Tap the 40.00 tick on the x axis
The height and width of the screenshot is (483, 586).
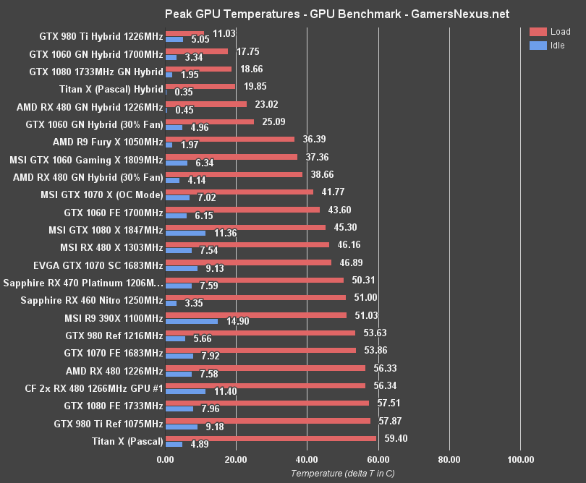click(x=307, y=459)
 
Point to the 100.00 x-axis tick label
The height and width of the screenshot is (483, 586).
click(x=520, y=459)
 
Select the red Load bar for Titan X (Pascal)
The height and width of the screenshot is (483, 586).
click(x=271, y=438)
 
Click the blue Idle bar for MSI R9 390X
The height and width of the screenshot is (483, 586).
click(x=192, y=321)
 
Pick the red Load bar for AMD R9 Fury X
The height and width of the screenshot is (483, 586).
click(x=230, y=139)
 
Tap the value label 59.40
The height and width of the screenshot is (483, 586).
click(x=395, y=438)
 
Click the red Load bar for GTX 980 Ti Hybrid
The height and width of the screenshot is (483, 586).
click(x=185, y=33)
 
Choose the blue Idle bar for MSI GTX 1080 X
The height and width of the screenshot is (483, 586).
click(x=186, y=234)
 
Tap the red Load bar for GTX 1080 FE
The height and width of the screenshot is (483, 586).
click(x=267, y=403)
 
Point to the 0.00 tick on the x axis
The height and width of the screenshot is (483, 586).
click(x=166, y=459)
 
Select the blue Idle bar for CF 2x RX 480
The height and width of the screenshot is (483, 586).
click(x=186, y=391)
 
